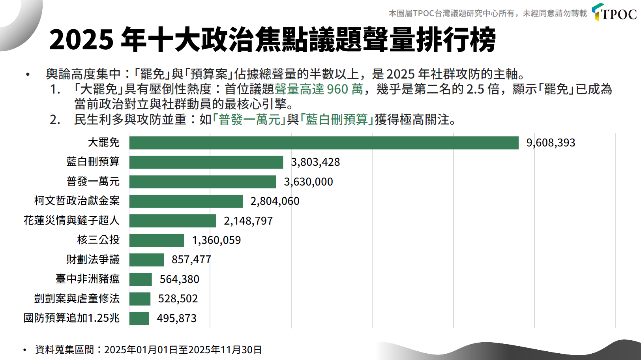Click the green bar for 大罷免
324,143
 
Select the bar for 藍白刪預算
206,162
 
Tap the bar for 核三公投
157,240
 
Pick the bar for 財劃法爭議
146,260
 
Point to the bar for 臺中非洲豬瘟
141,279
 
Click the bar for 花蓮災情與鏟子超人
172,221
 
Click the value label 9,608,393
551,143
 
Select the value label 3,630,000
308,182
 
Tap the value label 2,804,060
275,201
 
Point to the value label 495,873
176,318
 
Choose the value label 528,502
178,299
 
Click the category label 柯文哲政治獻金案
77,201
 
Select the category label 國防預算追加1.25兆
71,318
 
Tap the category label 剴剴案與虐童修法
77,299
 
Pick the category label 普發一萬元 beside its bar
93,182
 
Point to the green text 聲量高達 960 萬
319,89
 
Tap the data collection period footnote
148,350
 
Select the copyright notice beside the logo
487,14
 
